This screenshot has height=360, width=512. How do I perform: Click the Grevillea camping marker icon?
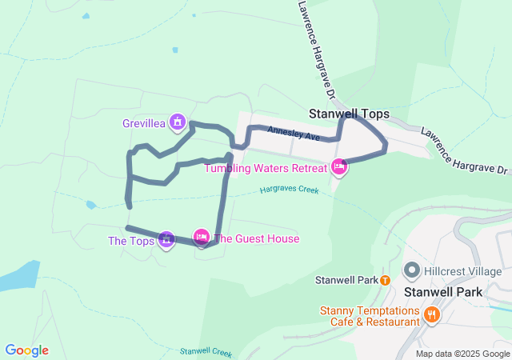pyautogui.click(x=178, y=123)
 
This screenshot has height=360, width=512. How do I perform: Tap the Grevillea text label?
pyautogui.click(x=144, y=124)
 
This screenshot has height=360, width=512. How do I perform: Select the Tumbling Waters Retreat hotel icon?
pyautogui.click(x=339, y=167)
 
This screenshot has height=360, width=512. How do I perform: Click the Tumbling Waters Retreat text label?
pyautogui.click(x=266, y=168)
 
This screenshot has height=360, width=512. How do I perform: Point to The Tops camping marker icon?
pyautogui.click(x=166, y=238)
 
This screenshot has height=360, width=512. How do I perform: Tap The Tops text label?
pyautogui.click(x=131, y=241)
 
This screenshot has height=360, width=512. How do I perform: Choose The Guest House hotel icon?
pyautogui.click(x=201, y=236)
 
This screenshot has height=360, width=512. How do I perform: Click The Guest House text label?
pyautogui.click(x=257, y=238)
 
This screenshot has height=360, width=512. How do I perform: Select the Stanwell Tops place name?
pyautogui.click(x=349, y=114)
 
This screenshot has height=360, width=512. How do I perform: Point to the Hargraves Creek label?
pyautogui.click(x=289, y=190)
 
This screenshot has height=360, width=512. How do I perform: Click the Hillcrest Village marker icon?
pyautogui.click(x=413, y=271)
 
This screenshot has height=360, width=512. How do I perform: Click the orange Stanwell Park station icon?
pyautogui.click(x=385, y=280)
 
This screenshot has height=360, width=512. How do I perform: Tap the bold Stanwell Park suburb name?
pyautogui.click(x=443, y=292)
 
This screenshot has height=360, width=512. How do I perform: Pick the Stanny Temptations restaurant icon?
pyautogui.click(x=432, y=314)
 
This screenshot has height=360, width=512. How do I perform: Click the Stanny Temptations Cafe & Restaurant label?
pyautogui.click(x=371, y=316)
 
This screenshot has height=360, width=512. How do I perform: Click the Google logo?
pyautogui.click(x=26, y=350)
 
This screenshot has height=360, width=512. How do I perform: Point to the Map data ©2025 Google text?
pyautogui.click(x=462, y=354)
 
